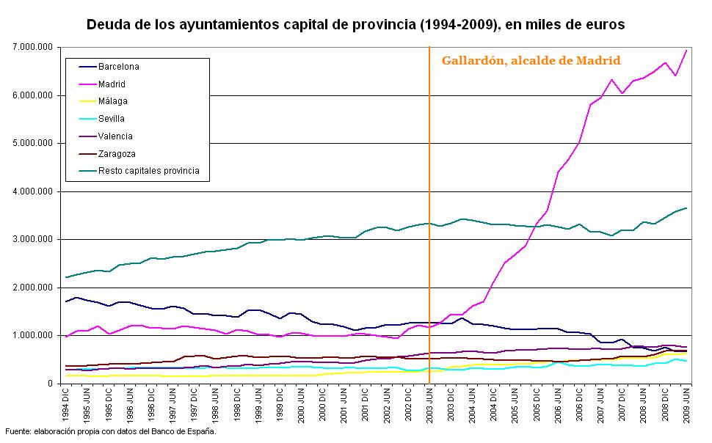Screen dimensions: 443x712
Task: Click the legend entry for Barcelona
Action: coord(118,67)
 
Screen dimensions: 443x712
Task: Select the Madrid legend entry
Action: coord(112,84)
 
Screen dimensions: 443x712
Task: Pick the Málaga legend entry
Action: coord(112,102)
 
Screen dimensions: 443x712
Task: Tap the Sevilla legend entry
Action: coord(111,119)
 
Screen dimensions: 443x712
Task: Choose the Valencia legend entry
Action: coord(115,136)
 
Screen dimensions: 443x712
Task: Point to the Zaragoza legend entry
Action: coord(116,154)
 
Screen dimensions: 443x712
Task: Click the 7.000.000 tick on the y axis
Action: coord(32,47)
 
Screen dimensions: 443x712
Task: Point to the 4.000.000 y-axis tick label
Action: coord(32,191)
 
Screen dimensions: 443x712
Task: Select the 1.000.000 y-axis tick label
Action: coord(32,336)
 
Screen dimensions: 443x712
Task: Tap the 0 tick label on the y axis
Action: coord(51,384)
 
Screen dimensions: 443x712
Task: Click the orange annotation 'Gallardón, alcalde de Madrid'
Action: coord(531,61)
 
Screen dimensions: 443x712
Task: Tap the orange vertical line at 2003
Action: coord(429,220)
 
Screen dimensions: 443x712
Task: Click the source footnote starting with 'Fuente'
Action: coord(111,431)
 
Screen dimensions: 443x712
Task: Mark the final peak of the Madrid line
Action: coord(686,51)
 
